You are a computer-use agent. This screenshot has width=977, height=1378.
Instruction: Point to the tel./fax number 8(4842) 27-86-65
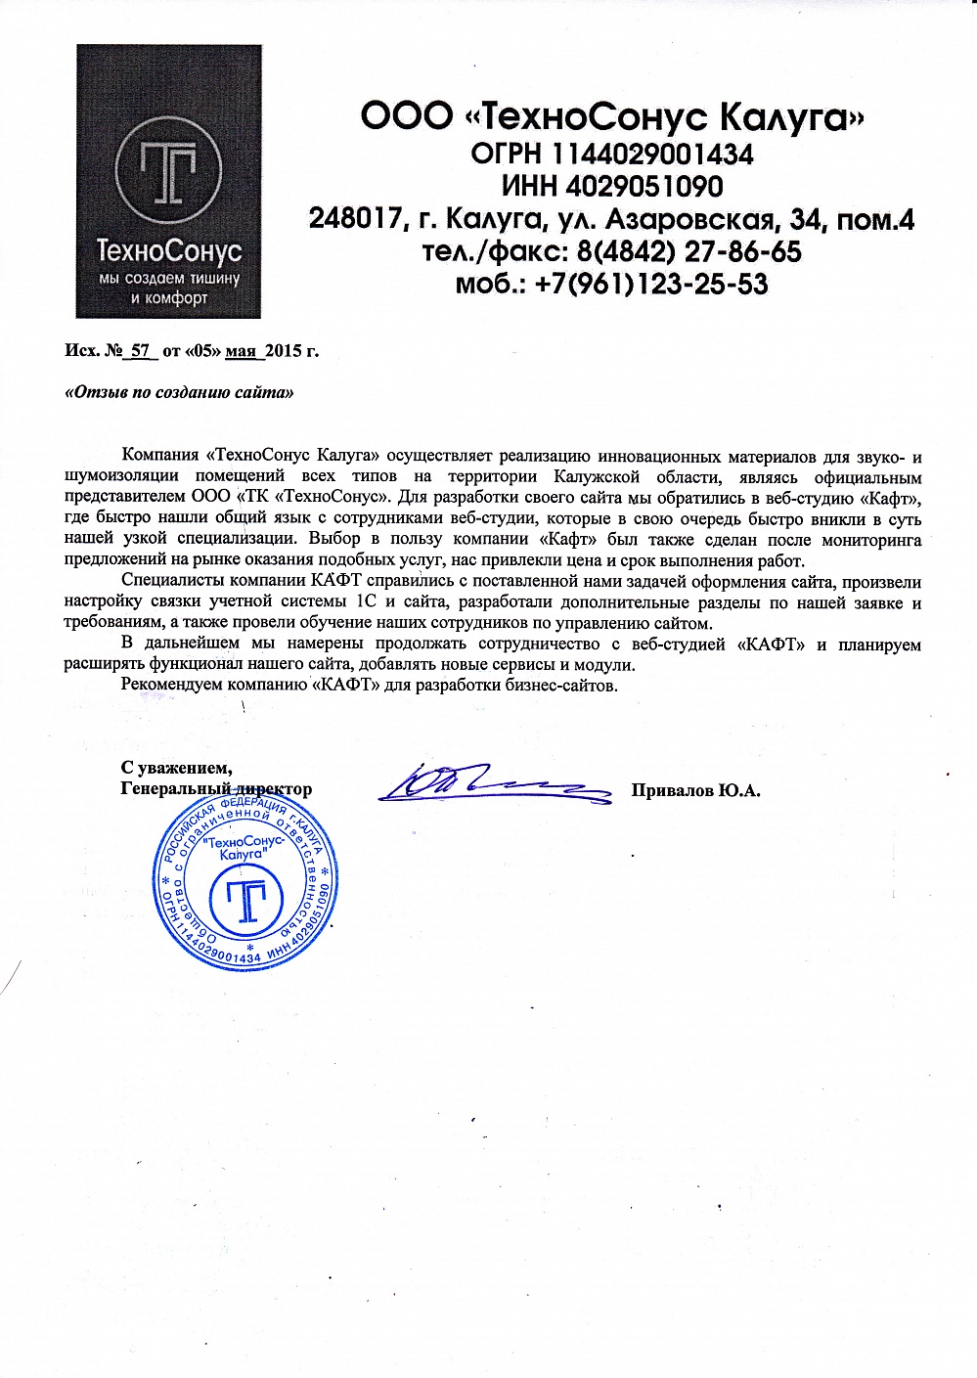point(689,251)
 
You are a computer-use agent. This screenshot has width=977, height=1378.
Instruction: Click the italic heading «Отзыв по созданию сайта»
point(179,393)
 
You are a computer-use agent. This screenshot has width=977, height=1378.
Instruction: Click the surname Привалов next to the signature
point(672,790)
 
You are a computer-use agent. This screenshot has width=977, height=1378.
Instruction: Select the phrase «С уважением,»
point(176,768)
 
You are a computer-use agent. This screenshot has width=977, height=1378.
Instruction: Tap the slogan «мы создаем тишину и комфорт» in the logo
point(169,289)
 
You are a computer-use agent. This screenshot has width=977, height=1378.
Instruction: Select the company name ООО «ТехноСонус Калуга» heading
point(612,118)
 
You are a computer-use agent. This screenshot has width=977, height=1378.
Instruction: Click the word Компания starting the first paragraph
point(161,456)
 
